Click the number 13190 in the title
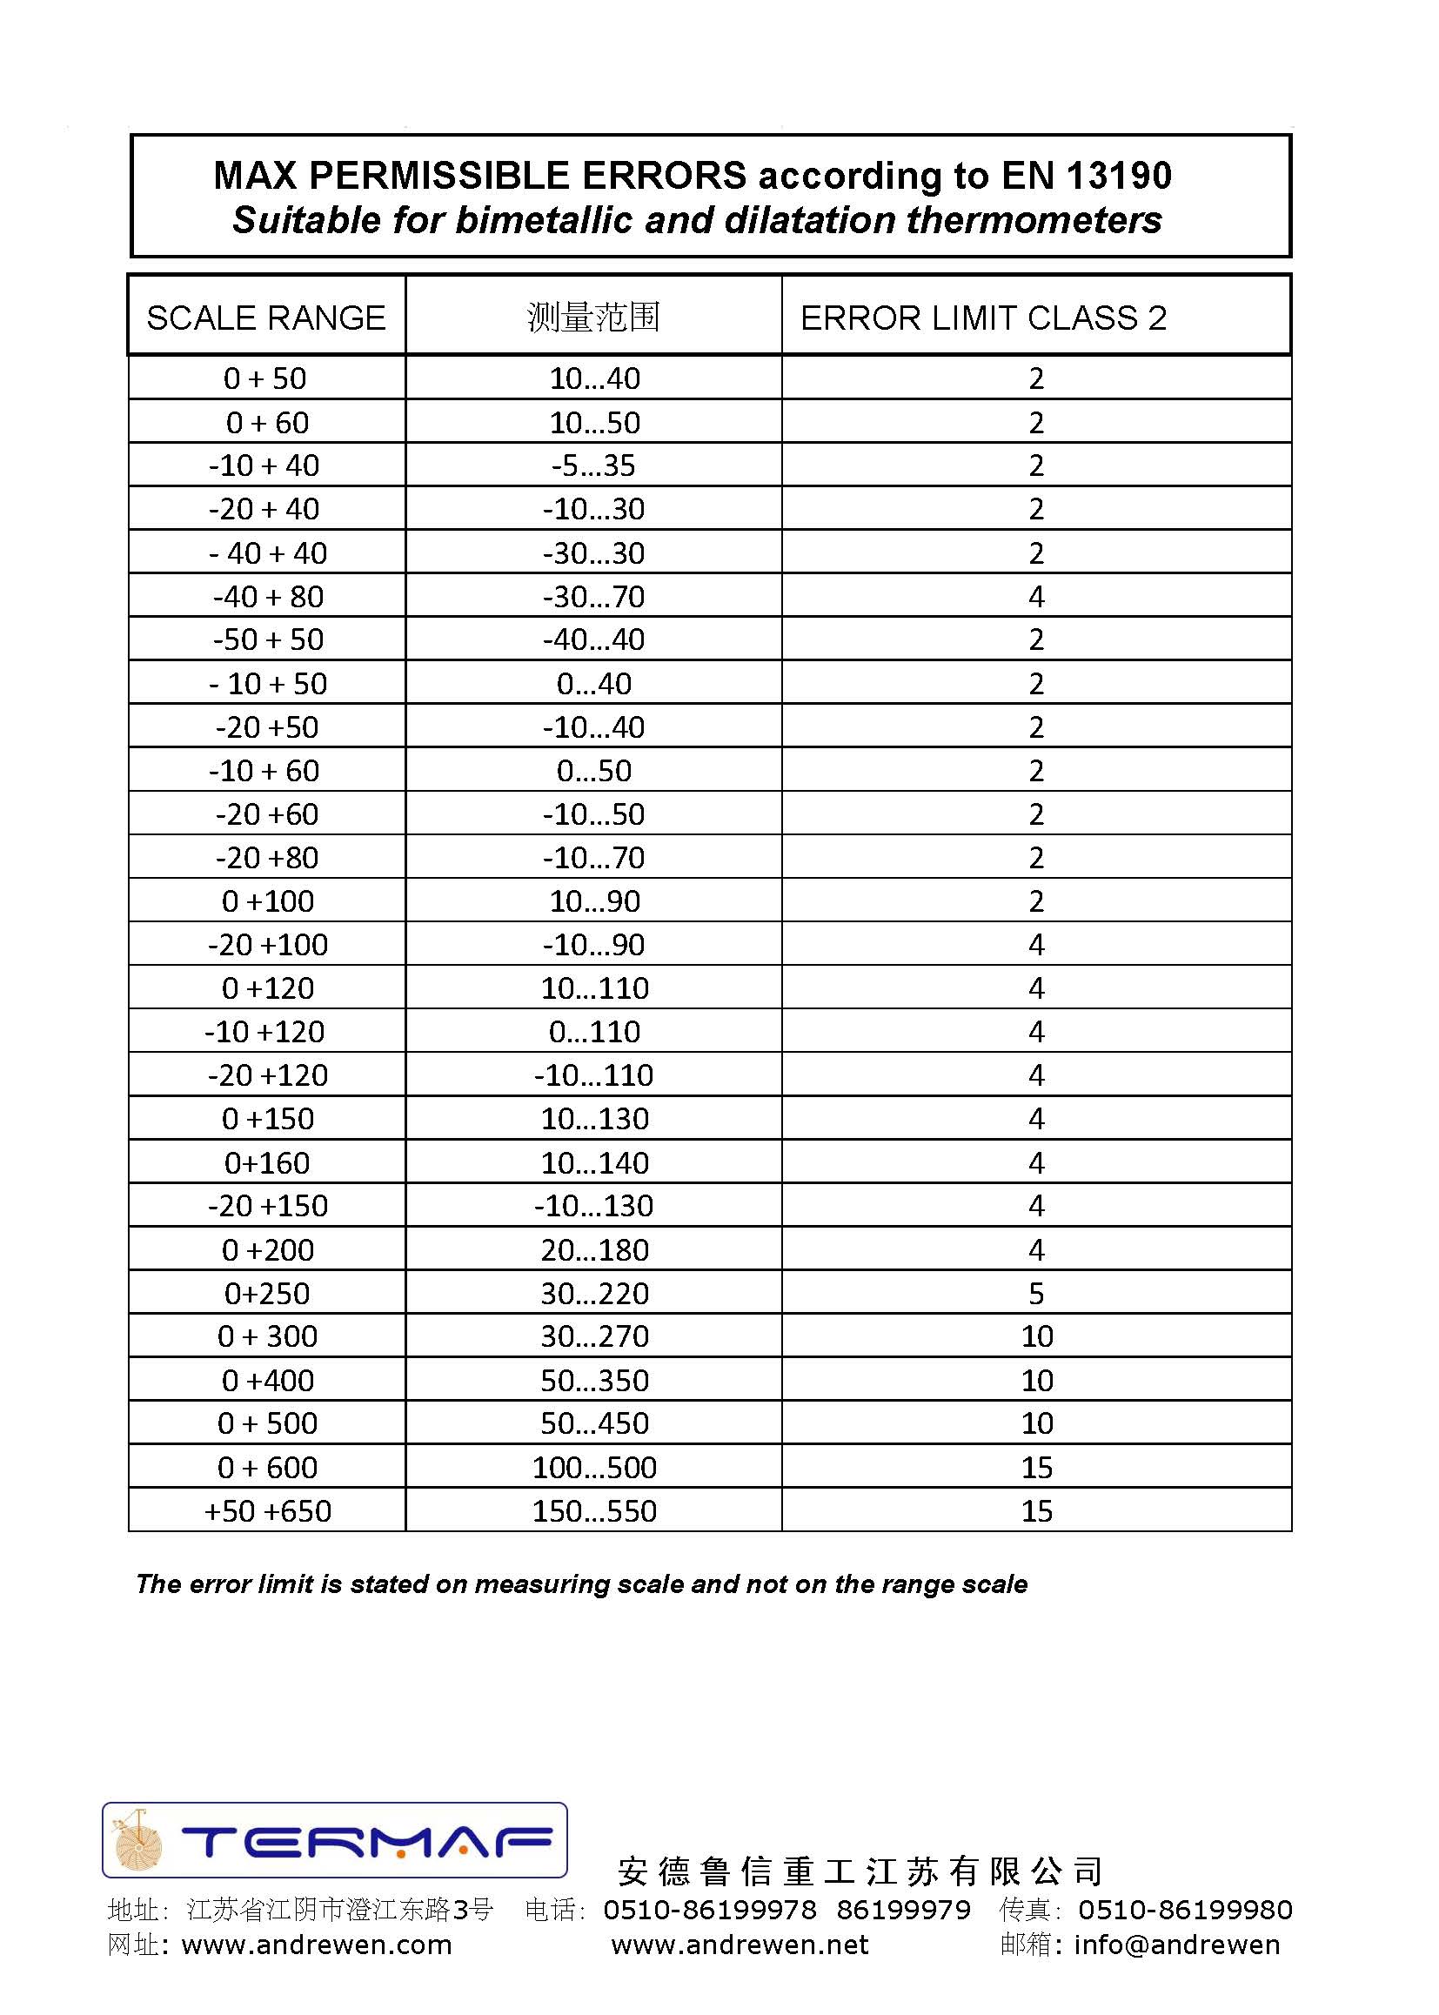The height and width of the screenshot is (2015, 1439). point(1119,176)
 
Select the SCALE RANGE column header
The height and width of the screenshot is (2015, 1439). point(266,318)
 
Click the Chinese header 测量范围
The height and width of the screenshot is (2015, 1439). point(593,318)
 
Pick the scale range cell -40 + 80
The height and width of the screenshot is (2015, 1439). point(268,596)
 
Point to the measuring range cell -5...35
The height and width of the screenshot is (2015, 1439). point(593,465)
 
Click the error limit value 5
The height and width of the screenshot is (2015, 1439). point(1036,1293)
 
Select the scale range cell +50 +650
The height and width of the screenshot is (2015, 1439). point(268,1510)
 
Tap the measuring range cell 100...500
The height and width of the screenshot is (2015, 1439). point(593,1468)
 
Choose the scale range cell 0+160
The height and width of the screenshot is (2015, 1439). point(268,1162)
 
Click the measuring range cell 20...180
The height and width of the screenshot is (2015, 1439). point(593,1249)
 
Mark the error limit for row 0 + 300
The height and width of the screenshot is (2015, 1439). point(1036,1336)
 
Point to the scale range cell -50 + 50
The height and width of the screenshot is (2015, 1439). point(268,639)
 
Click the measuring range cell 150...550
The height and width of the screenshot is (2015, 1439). point(593,1510)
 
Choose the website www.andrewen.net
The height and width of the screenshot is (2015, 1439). point(740,1945)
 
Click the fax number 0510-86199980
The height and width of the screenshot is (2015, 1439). point(1185,1910)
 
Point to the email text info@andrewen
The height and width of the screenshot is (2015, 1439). point(1177,1945)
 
